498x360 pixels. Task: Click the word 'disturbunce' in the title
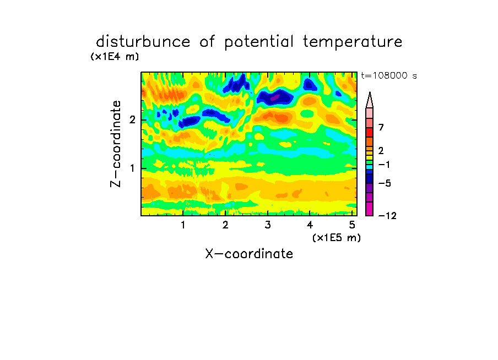point(143,41)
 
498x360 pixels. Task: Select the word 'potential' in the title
point(258,42)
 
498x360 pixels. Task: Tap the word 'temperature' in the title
point(352,42)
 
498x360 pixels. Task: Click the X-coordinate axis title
point(249,254)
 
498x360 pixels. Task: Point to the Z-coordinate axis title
point(115,144)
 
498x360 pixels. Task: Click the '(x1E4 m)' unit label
point(115,57)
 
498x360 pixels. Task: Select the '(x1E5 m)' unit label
point(337,237)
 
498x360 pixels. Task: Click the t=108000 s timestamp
point(389,75)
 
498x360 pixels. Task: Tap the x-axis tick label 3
point(268,225)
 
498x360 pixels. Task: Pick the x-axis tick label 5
point(352,225)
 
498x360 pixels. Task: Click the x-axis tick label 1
point(183,225)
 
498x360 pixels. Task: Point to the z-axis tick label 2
point(132,120)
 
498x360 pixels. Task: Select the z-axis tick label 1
point(132,168)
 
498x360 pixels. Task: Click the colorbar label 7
point(381,128)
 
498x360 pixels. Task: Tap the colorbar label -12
point(387,216)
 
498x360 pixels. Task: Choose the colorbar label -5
point(385,183)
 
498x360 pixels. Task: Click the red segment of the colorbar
point(370,132)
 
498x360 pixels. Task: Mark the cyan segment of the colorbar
point(370,167)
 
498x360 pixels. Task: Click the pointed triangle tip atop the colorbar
point(370,92)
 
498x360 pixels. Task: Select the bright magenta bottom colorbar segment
point(370,209)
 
